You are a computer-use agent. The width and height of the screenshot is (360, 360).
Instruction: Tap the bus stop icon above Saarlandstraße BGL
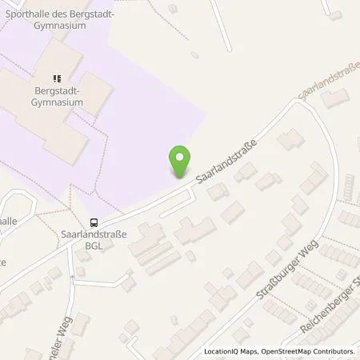[94, 223]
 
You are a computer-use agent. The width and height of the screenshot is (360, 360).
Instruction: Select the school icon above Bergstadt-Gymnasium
[57, 78]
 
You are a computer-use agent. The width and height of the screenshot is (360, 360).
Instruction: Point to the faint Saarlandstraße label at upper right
[324, 87]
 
